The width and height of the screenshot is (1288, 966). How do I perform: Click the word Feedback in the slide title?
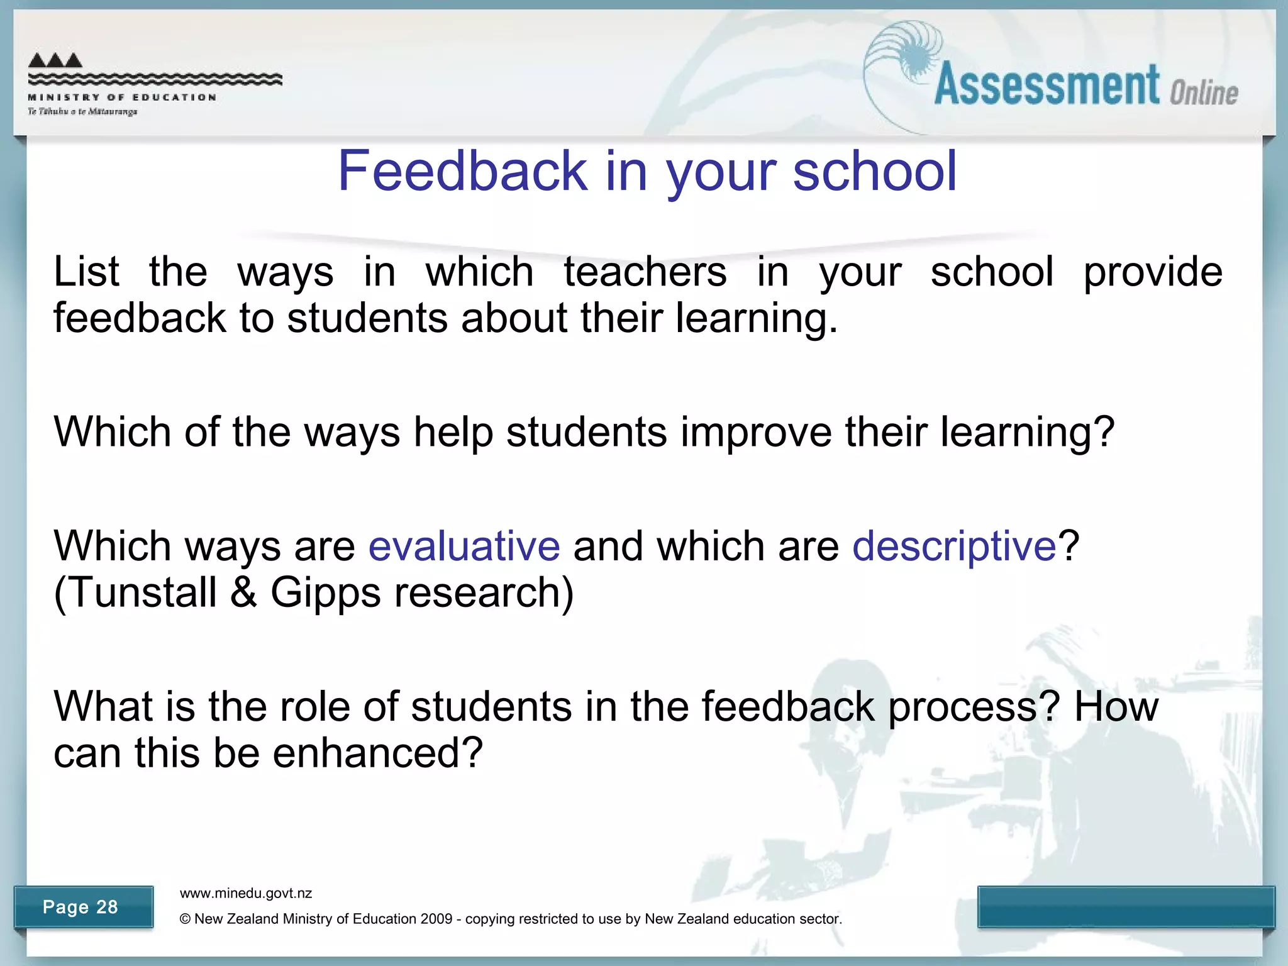[x=462, y=171]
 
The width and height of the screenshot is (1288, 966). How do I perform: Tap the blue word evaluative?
[x=464, y=545]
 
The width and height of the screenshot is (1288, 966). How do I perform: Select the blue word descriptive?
[x=954, y=545]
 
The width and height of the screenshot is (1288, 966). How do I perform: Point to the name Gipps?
[x=326, y=592]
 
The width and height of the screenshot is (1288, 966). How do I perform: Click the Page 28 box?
[x=82, y=906]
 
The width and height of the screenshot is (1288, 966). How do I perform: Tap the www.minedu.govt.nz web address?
[x=246, y=893]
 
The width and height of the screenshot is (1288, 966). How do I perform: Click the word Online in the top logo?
[x=1204, y=93]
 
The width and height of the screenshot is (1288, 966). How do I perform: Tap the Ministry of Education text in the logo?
[x=123, y=97]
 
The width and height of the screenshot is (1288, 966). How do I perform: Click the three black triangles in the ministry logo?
[x=55, y=60]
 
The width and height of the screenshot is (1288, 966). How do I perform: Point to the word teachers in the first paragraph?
[x=645, y=272]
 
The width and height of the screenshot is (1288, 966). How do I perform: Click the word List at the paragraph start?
[x=86, y=272]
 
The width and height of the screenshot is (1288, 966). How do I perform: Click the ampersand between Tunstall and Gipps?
[x=243, y=592]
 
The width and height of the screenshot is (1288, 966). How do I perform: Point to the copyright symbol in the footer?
[x=185, y=919]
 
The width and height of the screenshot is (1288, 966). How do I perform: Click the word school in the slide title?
[x=875, y=171]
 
